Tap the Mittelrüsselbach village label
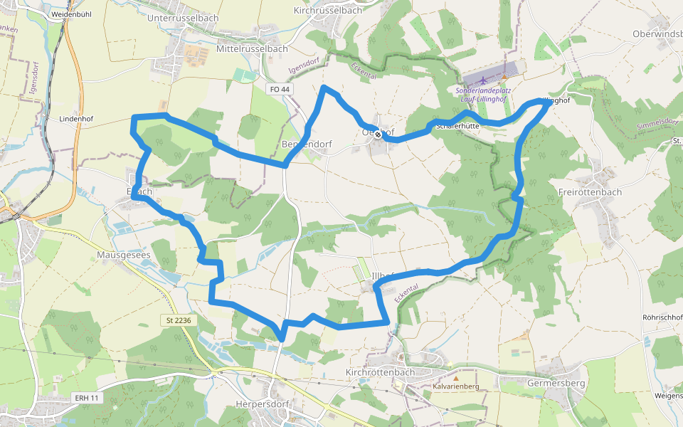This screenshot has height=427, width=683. [252, 49]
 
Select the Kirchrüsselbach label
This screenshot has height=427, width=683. [327, 11]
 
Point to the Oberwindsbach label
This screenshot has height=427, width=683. [657, 34]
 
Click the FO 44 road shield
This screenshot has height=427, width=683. [280, 89]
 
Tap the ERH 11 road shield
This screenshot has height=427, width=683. [87, 398]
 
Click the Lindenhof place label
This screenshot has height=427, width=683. [77, 118]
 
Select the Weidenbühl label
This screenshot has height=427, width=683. [69, 14]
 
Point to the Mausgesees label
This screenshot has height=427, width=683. [122, 253]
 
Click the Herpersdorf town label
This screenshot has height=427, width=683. [265, 405]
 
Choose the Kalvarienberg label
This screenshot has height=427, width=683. [456, 386]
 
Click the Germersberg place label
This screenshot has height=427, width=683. [556, 383]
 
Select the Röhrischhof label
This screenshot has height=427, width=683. [662, 317]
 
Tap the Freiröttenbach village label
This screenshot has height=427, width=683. [590, 192]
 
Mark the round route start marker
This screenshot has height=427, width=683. [378, 134]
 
